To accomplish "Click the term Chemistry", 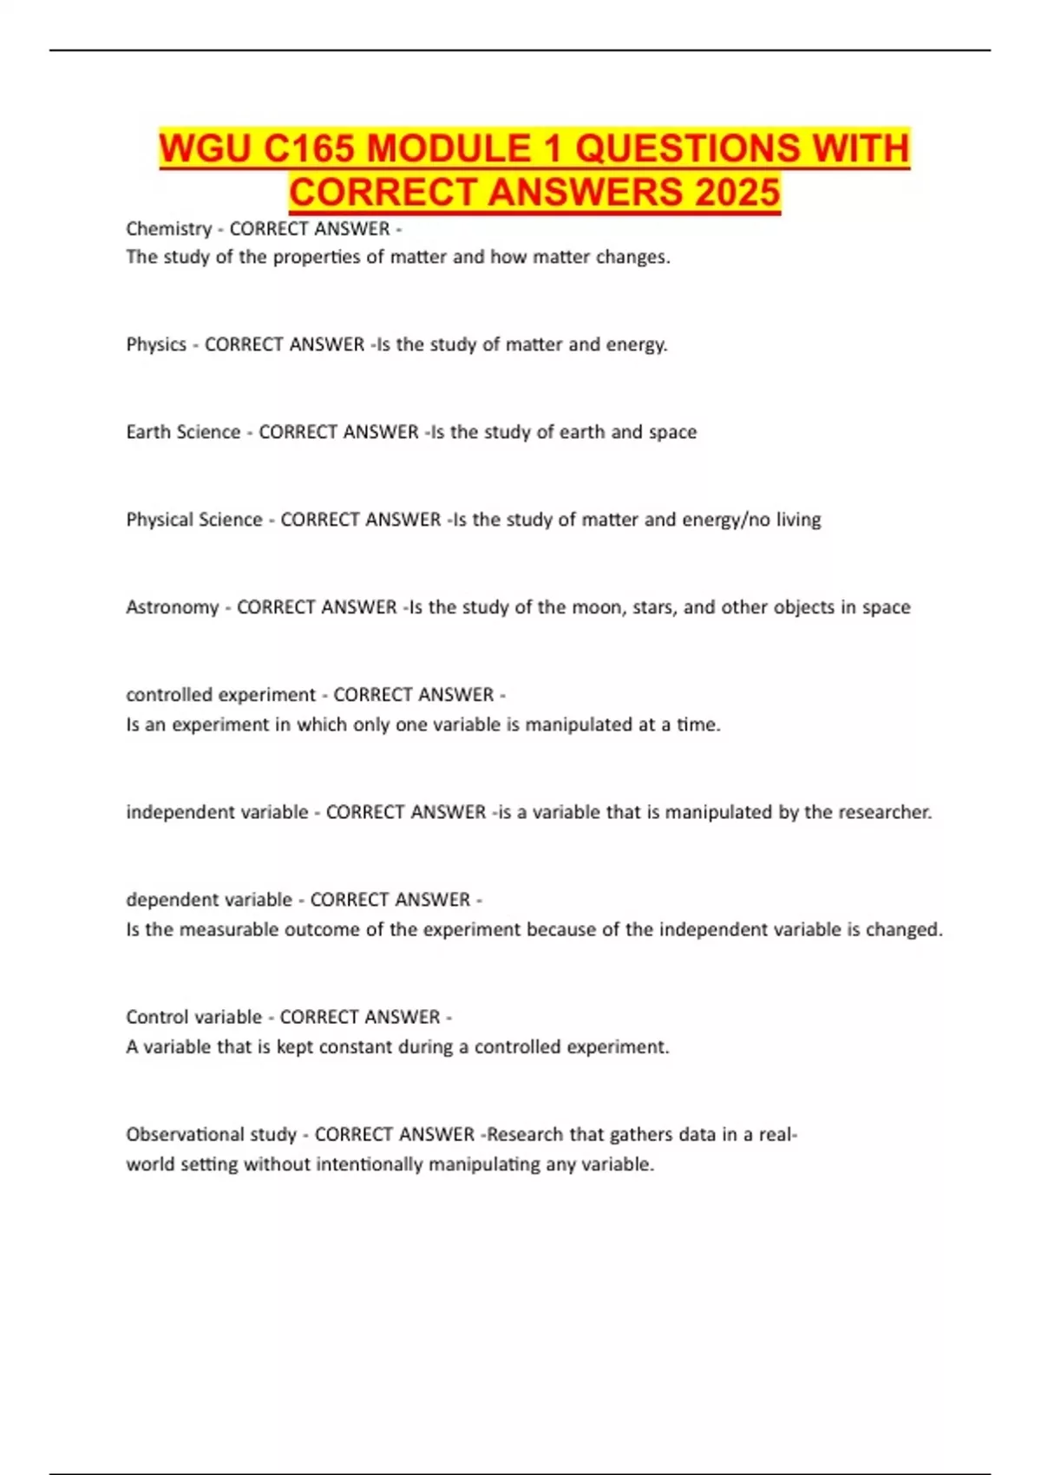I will click(169, 229).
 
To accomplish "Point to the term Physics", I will click(156, 344).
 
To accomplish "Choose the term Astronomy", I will click(173, 607).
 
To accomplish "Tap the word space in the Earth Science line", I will click(672, 432).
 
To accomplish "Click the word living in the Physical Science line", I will click(798, 520).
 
